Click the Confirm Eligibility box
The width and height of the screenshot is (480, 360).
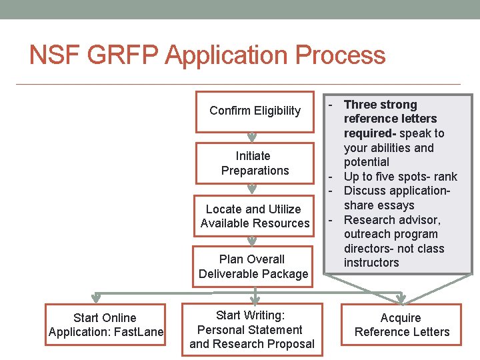click(255, 111)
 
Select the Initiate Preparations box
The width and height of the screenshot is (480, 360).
click(255, 163)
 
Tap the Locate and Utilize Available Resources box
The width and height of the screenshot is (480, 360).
click(255, 216)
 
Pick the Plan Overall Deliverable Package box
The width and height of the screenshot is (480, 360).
click(253, 267)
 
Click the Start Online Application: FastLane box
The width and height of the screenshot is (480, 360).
click(105, 325)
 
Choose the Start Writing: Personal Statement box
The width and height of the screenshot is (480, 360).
click(251, 329)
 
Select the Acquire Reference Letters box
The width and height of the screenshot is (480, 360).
click(401, 325)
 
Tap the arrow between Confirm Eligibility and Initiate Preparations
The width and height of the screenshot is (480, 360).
click(252, 138)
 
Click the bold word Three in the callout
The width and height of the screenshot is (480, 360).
click(361, 105)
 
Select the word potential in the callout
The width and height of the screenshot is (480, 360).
click(366, 162)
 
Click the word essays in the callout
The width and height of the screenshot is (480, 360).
click(397, 205)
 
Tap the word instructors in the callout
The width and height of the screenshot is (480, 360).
click(371, 263)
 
